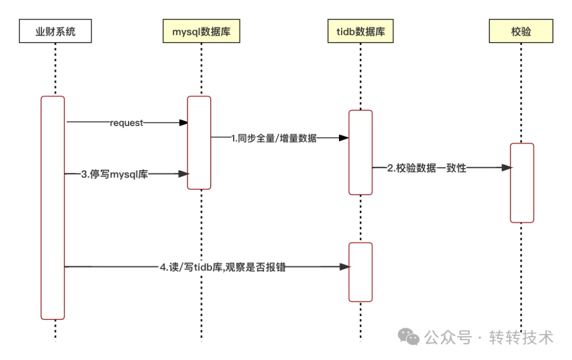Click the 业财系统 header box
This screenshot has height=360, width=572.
pyautogui.click(x=55, y=32)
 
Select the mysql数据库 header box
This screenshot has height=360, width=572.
pyautogui.click(x=201, y=32)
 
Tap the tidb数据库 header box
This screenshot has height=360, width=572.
pyautogui.click(x=361, y=32)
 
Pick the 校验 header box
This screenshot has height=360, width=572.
pyautogui.click(x=521, y=32)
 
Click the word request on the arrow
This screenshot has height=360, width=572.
pyautogui.click(x=127, y=123)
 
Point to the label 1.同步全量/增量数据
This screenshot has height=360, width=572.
pyautogui.click(x=274, y=138)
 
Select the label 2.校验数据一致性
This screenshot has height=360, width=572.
pyautogui.click(x=426, y=168)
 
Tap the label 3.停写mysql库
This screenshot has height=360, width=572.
pyautogui.click(x=114, y=174)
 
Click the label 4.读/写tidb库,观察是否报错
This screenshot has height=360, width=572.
pyautogui.click(x=222, y=267)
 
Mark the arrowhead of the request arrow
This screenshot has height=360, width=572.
pyautogui.click(x=183, y=123)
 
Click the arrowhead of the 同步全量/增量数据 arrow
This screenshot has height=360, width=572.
pyautogui.click(x=344, y=138)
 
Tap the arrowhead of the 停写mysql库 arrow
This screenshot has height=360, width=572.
pyautogui.click(x=184, y=174)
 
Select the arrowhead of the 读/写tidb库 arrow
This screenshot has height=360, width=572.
pyautogui.click(x=345, y=267)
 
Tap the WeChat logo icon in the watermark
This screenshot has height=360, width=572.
pyautogui.click(x=409, y=336)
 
